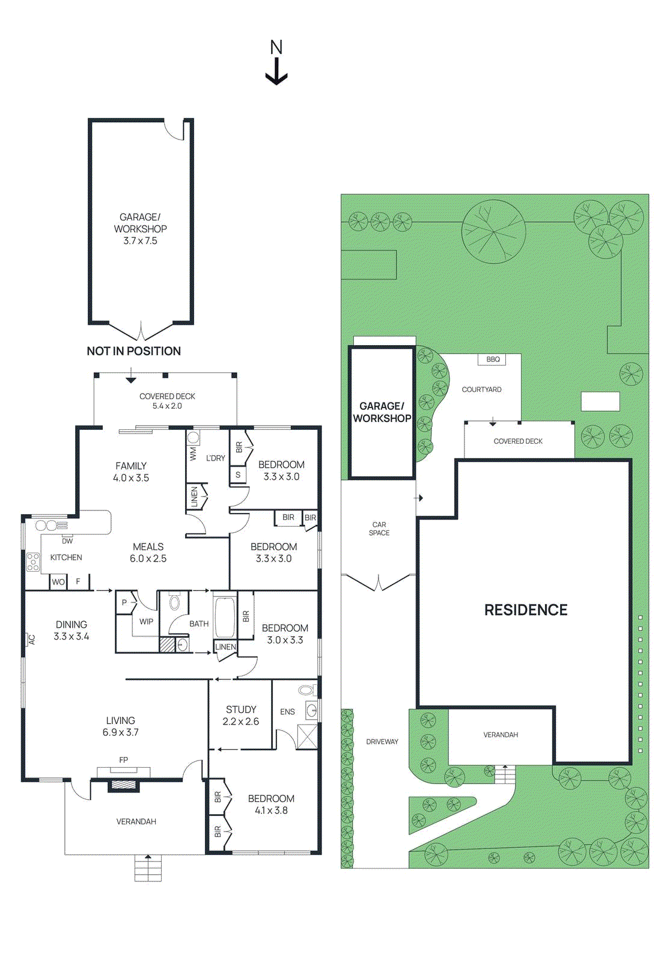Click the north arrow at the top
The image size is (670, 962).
click(276, 63)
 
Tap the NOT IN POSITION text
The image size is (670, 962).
click(133, 351)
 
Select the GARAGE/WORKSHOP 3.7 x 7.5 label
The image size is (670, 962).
click(140, 228)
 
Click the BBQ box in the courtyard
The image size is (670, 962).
click(493, 360)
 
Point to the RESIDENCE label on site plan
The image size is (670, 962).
click(526, 610)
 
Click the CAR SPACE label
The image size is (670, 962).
click(379, 528)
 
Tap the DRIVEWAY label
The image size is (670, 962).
click(382, 742)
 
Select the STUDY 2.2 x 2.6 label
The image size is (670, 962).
click(240, 715)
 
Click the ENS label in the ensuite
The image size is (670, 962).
click(287, 712)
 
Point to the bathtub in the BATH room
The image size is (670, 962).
click(225, 617)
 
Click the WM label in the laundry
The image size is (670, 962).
click(193, 453)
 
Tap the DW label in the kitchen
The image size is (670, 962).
click(67, 541)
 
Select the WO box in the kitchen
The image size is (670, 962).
click(58, 582)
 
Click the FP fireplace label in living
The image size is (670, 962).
click(124, 760)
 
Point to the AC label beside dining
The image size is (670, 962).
click(32, 640)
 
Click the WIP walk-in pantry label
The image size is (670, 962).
click(146, 622)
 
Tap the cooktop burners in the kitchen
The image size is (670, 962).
click(33, 562)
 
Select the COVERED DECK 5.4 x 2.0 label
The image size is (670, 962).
click(167, 401)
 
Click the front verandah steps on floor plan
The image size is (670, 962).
click(148, 869)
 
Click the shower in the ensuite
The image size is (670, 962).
click(307, 737)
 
